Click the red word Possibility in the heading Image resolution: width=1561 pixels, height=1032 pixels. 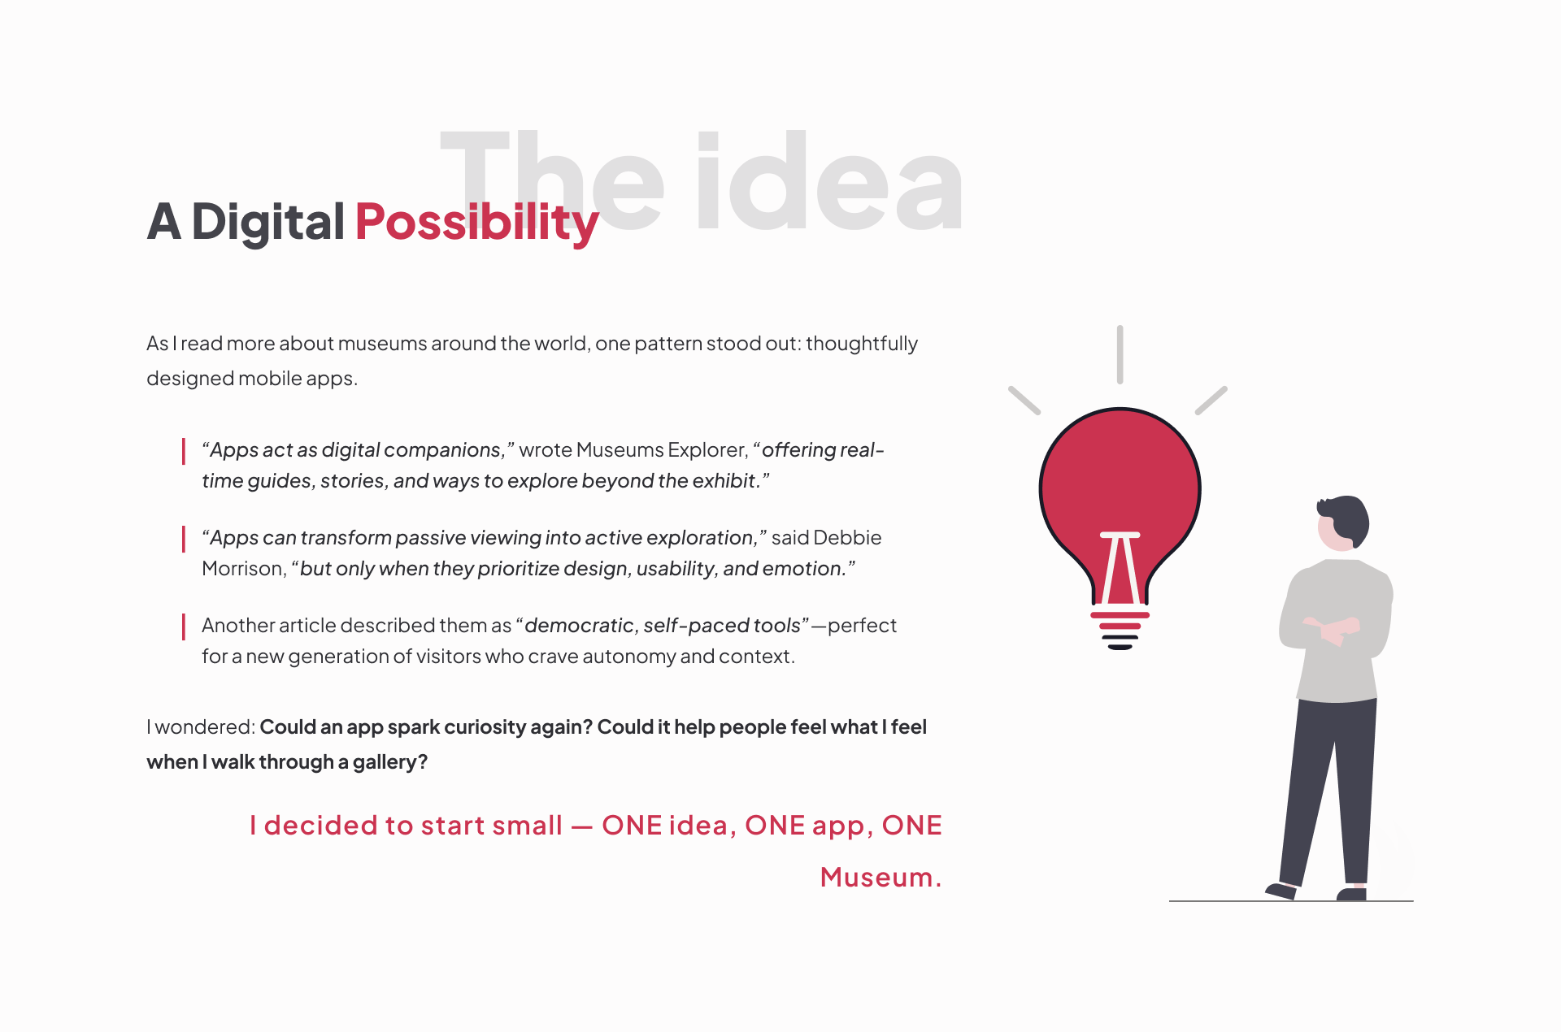tap(476, 223)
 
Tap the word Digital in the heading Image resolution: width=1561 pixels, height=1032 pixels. tap(268, 223)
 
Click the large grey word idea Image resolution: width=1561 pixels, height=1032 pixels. tap(829, 181)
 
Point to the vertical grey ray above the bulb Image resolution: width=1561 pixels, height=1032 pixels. tap(1120, 354)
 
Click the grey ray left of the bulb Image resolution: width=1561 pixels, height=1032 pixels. tap(1024, 401)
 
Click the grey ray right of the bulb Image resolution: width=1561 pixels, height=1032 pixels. tap(1211, 401)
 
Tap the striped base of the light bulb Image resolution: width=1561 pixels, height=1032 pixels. tap(1120, 631)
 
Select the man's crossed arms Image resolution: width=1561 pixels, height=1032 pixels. tap(1333, 630)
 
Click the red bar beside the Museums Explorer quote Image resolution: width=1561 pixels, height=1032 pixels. tap(184, 451)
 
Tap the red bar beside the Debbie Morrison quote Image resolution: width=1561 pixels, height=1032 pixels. tap(184, 539)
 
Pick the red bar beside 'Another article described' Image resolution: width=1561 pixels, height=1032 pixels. tap(184, 627)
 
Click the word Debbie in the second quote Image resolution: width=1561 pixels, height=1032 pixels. tap(847, 538)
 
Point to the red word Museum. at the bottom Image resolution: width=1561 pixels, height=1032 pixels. tap(881, 878)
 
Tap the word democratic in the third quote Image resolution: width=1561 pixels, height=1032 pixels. tap(579, 626)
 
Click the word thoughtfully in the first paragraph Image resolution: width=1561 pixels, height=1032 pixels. tap(862, 345)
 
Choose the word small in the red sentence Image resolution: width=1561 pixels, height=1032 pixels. tap(527, 826)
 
